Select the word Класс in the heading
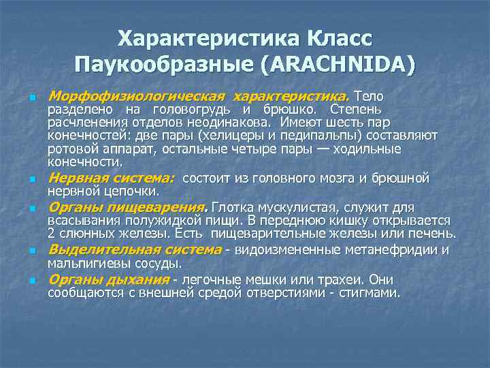(336, 38)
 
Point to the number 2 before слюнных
(52, 234)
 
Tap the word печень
(433, 234)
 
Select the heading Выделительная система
(134, 249)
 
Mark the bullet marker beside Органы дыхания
(31, 280)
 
